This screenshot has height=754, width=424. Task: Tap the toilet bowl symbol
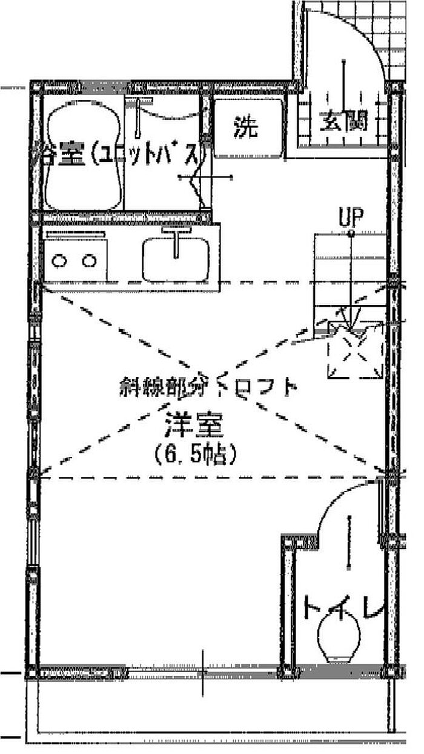pos(339,642)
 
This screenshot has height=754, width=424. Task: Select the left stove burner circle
pos(60,261)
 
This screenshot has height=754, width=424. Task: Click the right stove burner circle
pos(90,261)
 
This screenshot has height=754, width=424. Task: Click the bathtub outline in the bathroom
pos(82,156)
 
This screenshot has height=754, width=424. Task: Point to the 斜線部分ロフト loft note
pos(208,386)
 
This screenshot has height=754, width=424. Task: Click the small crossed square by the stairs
pos(354,350)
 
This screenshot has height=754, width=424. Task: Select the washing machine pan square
pos(248,128)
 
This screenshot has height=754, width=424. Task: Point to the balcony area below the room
pos(212,706)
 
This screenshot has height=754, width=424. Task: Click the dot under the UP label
pos(351,233)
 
